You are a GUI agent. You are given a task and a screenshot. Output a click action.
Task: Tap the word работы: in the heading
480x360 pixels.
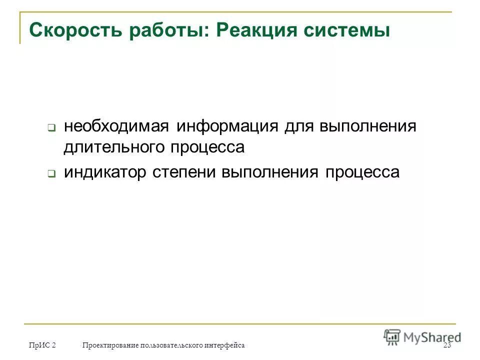(170, 30)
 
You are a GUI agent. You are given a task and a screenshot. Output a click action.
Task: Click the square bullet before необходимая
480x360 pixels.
(51, 127)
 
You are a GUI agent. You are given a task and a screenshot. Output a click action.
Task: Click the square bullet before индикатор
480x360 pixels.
(51, 174)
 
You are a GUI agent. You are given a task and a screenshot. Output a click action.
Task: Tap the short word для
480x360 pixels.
(298, 126)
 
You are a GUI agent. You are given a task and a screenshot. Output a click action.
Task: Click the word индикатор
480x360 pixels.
(105, 172)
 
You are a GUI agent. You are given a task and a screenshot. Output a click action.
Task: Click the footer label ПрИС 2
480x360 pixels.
(42, 345)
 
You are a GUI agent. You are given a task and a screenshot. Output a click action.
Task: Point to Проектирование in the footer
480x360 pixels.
(110, 345)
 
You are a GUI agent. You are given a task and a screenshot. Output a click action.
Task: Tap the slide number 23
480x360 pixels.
(447, 346)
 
